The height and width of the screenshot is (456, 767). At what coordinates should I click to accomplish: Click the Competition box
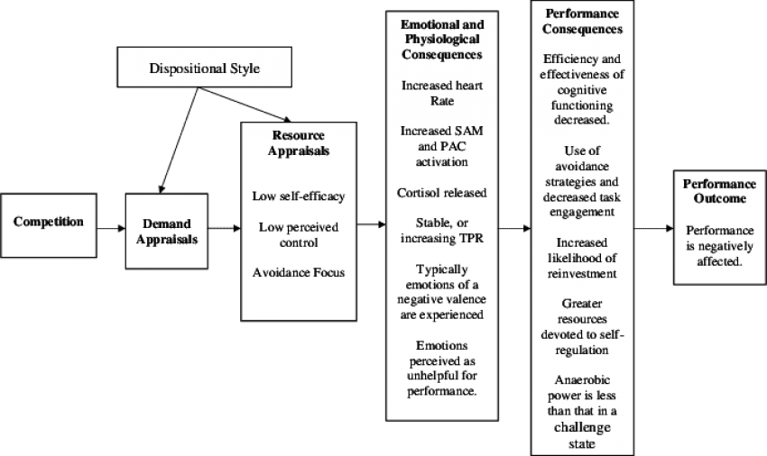pyautogui.click(x=49, y=225)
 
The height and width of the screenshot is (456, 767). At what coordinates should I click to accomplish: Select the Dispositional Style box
pyautogui.click(x=205, y=68)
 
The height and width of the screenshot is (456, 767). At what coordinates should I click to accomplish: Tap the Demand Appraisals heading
pyautogui.click(x=167, y=232)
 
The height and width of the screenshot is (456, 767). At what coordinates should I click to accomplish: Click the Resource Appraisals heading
pyautogui.click(x=299, y=142)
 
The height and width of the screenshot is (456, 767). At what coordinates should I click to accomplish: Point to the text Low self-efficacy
pyautogui.click(x=299, y=196)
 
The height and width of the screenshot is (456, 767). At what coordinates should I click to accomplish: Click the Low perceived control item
pyautogui.click(x=299, y=234)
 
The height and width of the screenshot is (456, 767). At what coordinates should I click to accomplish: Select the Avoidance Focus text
pyautogui.click(x=299, y=272)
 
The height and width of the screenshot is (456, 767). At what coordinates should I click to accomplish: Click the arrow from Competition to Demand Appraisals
pyautogui.click(x=111, y=228)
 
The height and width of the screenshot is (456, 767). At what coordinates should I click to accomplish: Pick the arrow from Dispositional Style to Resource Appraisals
pyautogui.click(x=245, y=105)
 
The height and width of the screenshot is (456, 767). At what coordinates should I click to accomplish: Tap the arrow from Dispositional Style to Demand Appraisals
pyautogui.click(x=179, y=141)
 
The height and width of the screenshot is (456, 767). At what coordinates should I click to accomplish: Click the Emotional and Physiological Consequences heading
pyautogui.click(x=442, y=40)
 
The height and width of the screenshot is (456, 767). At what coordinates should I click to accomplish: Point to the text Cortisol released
pyautogui.click(x=442, y=193)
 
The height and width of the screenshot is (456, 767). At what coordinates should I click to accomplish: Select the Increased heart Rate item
pyautogui.click(x=442, y=93)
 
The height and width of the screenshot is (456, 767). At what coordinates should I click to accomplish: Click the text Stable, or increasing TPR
pyautogui.click(x=442, y=230)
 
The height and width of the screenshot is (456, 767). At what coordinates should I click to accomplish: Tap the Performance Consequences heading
pyautogui.click(x=582, y=22)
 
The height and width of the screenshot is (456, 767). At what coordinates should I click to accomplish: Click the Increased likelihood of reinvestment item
pyautogui.click(x=582, y=258)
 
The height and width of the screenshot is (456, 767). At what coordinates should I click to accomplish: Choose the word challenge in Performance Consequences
pyautogui.click(x=582, y=427)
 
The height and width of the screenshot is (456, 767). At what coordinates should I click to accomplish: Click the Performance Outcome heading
pyautogui.click(x=719, y=191)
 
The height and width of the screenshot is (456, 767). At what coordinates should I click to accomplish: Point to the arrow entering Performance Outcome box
pyautogui.click(x=654, y=228)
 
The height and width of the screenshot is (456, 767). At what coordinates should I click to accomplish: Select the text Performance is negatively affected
pyautogui.click(x=719, y=246)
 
